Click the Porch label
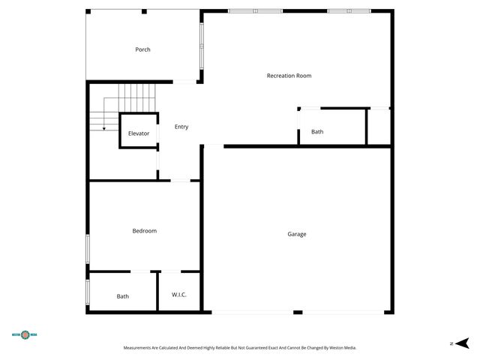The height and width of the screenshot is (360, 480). (x=142, y=49)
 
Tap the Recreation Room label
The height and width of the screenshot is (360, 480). (x=289, y=76)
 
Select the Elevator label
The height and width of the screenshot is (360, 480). (x=139, y=133)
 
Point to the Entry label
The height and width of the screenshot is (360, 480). (x=181, y=127)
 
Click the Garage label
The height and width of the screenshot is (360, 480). (x=297, y=234)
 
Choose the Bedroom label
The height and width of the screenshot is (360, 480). (x=145, y=231)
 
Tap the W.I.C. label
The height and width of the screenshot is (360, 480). (x=179, y=295)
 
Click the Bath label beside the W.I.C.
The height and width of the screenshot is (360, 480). (x=123, y=296)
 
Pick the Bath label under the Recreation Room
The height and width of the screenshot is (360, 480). (x=317, y=132)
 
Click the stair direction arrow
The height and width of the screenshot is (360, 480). (x=104, y=129)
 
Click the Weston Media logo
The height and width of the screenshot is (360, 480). (x=24, y=334)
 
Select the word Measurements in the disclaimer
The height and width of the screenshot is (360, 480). (x=140, y=348)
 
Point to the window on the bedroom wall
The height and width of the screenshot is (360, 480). (x=88, y=248)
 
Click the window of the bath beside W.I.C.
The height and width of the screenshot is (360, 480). (x=88, y=292)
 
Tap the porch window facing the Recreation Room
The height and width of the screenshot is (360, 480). (x=201, y=46)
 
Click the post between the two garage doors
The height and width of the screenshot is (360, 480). (x=298, y=312)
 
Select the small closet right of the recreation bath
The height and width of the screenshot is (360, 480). (x=379, y=127)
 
